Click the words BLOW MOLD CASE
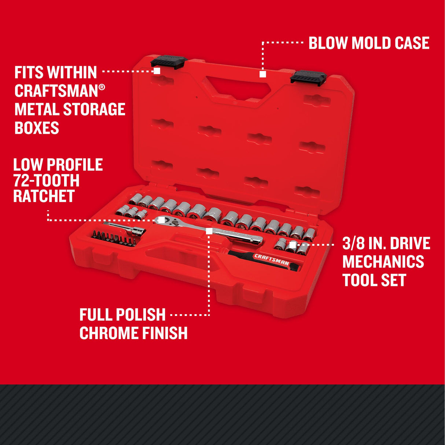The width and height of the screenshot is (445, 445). click(x=368, y=43)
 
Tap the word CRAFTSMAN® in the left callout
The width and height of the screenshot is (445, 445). click(x=59, y=91)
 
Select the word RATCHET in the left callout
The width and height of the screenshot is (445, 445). click(x=44, y=196)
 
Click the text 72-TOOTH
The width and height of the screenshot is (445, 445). click(x=46, y=180)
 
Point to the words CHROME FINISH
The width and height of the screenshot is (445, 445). click(x=133, y=333)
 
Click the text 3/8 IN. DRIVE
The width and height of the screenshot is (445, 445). click(x=386, y=243)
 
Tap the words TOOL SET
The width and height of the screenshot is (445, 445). click(x=374, y=280)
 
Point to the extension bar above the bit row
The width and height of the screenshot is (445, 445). click(x=125, y=228)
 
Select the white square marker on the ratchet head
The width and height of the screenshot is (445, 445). click(x=161, y=220)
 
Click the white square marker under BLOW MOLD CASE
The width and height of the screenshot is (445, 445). click(x=262, y=74)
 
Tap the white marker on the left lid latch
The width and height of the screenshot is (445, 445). click(x=157, y=71)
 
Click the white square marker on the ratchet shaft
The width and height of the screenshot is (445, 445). click(x=209, y=231)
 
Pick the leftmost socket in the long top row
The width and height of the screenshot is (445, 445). click(x=135, y=199)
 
